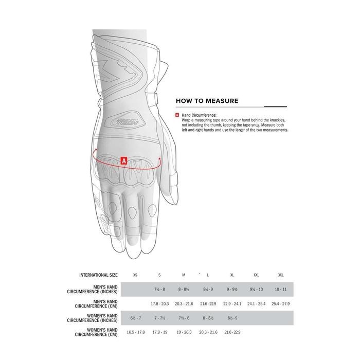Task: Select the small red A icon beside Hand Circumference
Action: click(177, 115)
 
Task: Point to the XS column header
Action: click(135, 275)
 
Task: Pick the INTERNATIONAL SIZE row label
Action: click(99, 275)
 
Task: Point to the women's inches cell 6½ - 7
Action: click(135, 318)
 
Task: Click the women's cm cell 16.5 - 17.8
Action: click(135, 332)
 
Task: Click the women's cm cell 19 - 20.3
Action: click(184, 332)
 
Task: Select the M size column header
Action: click(184, 275)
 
